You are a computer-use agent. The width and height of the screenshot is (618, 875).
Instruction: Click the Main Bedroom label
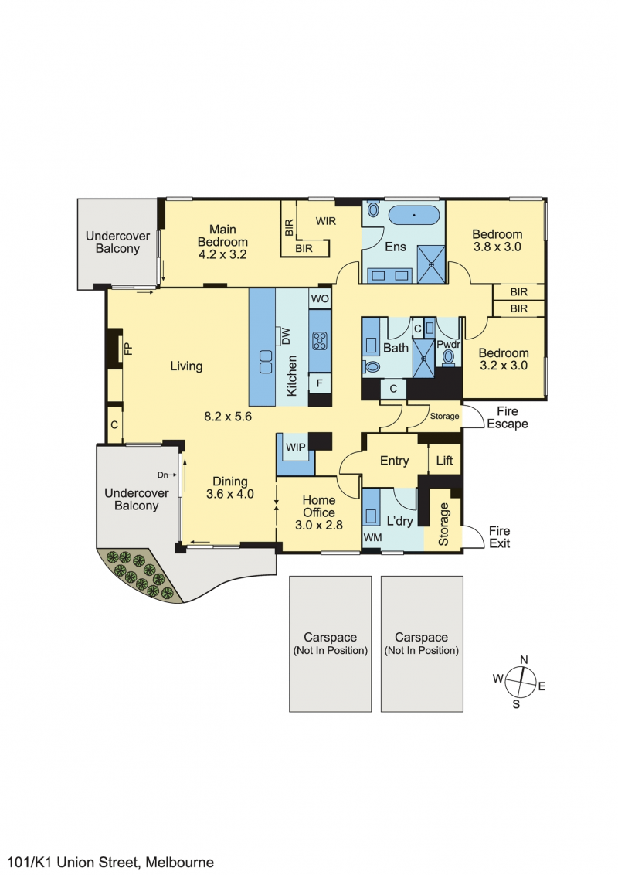(x=222, y=242)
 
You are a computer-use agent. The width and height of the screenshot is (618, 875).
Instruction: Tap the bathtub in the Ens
(x=414, y=215)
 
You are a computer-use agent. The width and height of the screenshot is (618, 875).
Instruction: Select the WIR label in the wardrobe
(x=326, y=221)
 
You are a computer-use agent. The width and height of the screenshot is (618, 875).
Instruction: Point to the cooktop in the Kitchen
(x=320, y=340)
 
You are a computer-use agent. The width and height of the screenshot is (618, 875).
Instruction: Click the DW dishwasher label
(x=286, y=336)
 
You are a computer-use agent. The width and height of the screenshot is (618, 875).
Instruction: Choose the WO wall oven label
(x=320, y=298)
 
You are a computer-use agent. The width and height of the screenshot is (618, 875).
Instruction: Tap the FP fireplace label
(x=128, y=349)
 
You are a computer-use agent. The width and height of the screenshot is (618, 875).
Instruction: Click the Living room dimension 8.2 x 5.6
(x=228, y=417)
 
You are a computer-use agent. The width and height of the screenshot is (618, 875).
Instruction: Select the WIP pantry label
(x=296, y=447)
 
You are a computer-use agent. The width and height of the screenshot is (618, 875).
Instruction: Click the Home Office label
(x=319, y=512)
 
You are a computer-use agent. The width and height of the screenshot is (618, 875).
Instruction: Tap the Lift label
(x=444, y=461)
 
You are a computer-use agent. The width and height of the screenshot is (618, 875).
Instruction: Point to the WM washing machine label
(x=372, y=537)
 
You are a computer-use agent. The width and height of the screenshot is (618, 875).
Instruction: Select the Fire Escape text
(x=508, y=417)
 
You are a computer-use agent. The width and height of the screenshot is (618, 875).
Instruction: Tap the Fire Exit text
(x=499, y=537)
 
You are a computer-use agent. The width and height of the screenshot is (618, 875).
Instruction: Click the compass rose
(x=521, y=683)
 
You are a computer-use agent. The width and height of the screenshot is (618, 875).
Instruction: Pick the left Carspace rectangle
(x=330, y=644)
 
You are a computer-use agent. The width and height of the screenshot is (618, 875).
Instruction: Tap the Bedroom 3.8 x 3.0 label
(x=497, y=240)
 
